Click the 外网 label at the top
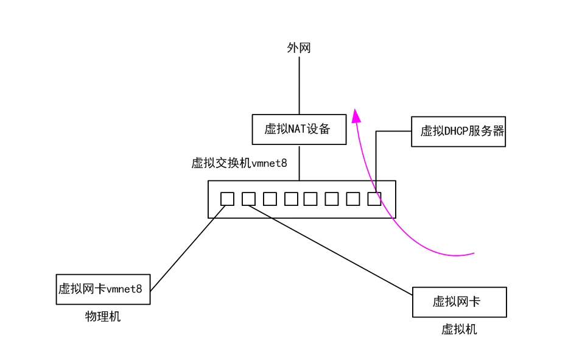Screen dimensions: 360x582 click(x=299, y=48)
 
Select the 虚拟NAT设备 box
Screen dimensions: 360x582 click(x=299, y=129)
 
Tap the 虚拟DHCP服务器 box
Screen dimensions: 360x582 click(x=458, y=132)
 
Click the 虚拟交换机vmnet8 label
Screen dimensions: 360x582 click(x=239, y=163)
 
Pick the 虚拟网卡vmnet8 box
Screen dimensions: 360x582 click(x=102, y=289)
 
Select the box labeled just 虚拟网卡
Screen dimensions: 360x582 click(x=459, y=302)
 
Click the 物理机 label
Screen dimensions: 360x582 click(x=103, y=317)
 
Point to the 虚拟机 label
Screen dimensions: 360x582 click(x=459, y=330)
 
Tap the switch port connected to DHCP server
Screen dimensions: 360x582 click(x=374, y=199)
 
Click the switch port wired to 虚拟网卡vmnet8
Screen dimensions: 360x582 click(x=227, y=199)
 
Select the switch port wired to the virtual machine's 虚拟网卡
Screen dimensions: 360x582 click(x=248, y=199)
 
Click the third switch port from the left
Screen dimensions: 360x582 click(x=270, y=199)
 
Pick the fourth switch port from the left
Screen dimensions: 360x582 click(x=291, y=199)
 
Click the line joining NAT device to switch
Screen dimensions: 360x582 click(x=299, y=162)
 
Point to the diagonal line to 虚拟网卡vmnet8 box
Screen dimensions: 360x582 click(x=187, y=247)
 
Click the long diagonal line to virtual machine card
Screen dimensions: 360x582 click(x=332, y=251)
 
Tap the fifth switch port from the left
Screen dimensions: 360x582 click(x=310, y=199)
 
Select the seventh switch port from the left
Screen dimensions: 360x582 click(x=353, y=199)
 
